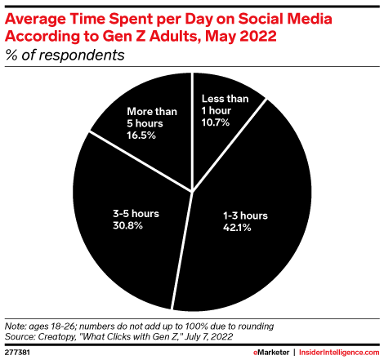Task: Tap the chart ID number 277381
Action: point(18,349)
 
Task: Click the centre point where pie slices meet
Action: point(191,193)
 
